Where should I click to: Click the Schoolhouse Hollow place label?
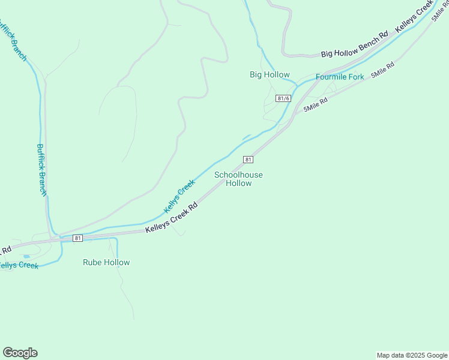(238, 179)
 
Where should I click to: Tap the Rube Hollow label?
(106, 262)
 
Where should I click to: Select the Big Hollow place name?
(270, 74)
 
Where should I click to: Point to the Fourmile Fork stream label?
(340, 77)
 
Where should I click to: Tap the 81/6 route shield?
(283, 98)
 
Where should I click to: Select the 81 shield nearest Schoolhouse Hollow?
(248, 159)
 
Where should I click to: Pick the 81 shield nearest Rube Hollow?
(77, 238)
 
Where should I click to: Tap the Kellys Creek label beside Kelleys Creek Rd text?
(179, 196)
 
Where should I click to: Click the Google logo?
(20, 353)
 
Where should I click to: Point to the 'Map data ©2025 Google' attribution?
(412, 355)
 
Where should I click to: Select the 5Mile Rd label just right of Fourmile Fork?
(382, 70)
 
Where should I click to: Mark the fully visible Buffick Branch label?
(41, 170)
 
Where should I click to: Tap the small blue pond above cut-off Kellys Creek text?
(26, 257)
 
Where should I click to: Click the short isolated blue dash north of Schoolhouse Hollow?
(246, 137)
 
